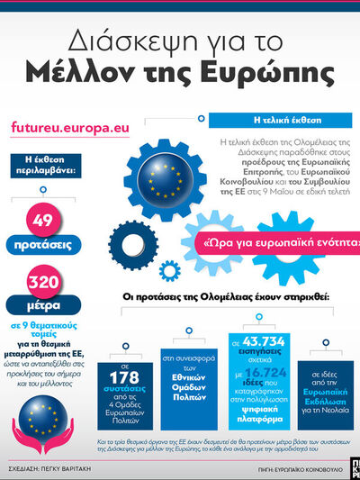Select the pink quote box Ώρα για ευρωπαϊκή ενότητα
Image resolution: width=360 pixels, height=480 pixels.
278,243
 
